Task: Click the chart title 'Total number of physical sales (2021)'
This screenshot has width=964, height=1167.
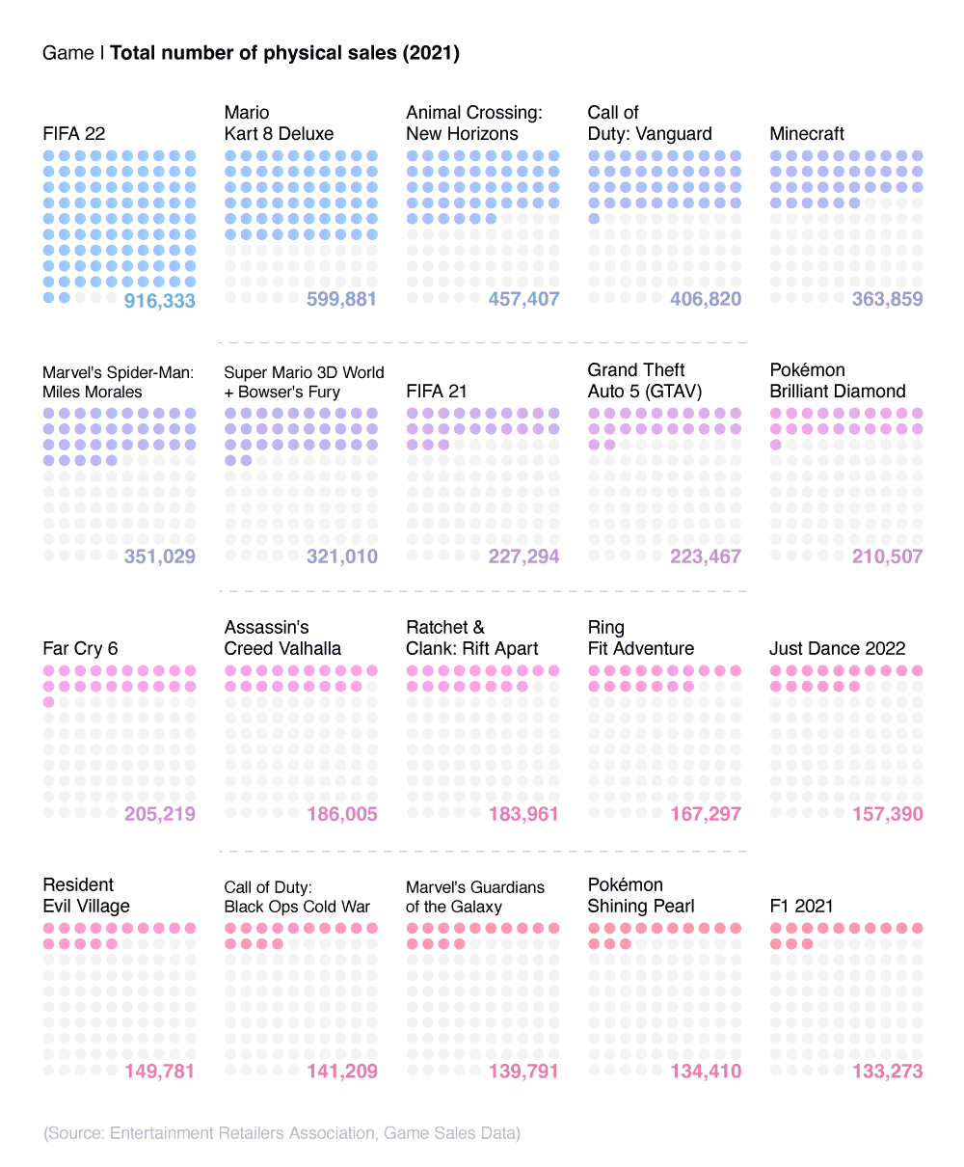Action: click(284, 53)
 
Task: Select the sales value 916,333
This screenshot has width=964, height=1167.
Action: click(160, 301)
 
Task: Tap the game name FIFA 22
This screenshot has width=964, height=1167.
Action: click(74, 134)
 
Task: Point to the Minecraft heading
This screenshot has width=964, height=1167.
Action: click(807, 134)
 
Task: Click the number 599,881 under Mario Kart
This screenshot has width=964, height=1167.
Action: click(341, 299)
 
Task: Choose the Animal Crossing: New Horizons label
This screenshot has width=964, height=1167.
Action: click(473, 123)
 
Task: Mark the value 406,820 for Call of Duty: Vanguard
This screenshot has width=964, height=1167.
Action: click(706, 299)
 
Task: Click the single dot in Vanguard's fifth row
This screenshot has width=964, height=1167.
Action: click(594, 219)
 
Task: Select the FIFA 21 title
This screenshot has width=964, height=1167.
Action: click(437, 391)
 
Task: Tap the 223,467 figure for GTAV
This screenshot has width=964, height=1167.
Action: click(706, 556)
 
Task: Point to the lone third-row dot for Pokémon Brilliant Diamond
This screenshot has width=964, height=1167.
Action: click(776, 445)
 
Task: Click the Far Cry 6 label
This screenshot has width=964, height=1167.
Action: click(80, 648)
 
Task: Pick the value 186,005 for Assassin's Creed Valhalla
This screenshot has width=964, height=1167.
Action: click(341, 814)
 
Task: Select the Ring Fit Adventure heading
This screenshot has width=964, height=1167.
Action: click(641, 638)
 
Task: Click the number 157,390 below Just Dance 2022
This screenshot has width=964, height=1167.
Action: click(887, 814)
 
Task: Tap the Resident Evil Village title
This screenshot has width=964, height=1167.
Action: click(86, 895)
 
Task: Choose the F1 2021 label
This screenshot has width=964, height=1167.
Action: click(801, 906)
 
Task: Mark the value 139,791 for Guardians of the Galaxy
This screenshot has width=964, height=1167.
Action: click(523, 1072)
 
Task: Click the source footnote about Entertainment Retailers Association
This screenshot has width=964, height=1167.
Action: click(281, 1133)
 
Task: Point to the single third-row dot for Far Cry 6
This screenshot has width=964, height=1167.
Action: click(49, 702)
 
